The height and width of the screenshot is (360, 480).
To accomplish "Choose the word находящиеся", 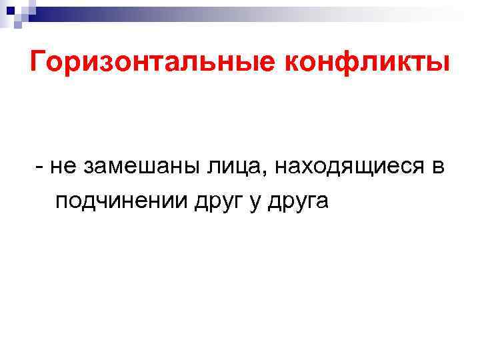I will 345,167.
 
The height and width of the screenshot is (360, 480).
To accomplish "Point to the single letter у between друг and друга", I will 254,203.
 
